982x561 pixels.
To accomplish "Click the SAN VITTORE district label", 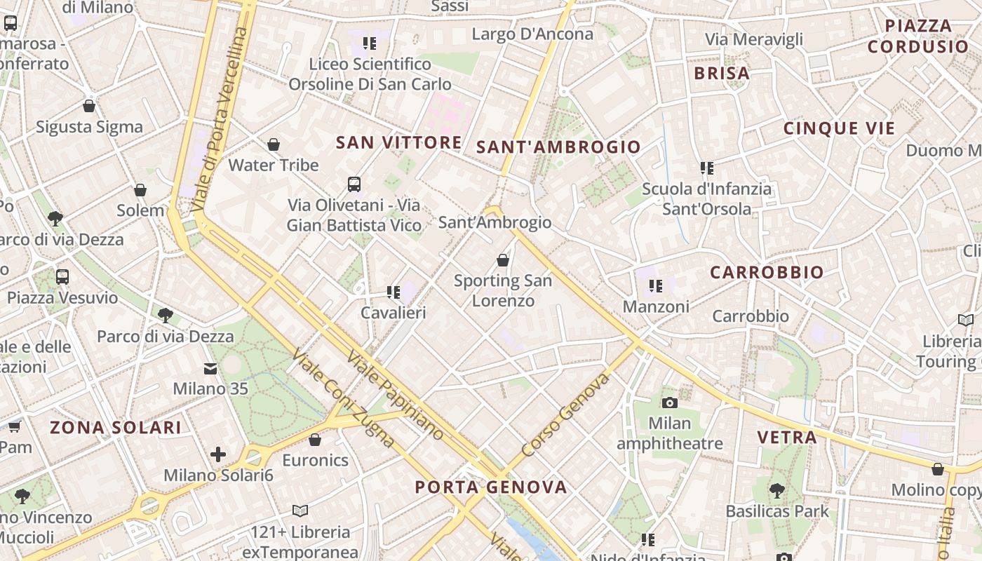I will (x=398, y=142).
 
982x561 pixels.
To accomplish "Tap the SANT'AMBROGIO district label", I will (x=558, y=147).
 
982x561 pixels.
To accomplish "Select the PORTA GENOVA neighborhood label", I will (x=490, y=487).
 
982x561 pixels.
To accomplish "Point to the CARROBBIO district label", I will (x=767, y=272).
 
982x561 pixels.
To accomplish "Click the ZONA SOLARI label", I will (x=116, y=427).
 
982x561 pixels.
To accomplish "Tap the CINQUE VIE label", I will (x=839, y=128).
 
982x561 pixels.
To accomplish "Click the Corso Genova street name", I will (x=565, y=415).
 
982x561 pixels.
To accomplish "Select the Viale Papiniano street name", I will (x=395, y=395).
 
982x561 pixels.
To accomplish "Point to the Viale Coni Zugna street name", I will (x=343, y=397).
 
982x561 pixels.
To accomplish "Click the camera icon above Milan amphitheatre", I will (x=670, y=403).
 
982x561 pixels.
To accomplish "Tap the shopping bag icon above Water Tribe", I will (x=274, y=144).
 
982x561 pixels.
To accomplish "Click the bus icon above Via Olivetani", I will (x=354, y=184).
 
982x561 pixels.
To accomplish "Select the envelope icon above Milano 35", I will (x=210, y=368).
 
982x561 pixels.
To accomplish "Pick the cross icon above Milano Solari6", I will (x=218, y=454).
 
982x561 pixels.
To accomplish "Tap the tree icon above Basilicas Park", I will (x=776, y=490).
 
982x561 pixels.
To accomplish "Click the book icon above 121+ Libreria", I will (x=300, y=511).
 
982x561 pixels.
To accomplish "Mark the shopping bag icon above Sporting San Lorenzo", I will (x=502, y=260).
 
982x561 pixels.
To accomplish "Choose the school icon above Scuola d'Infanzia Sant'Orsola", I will (x=706, y=168).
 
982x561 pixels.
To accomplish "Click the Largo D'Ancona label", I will (x=532, y=34).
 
